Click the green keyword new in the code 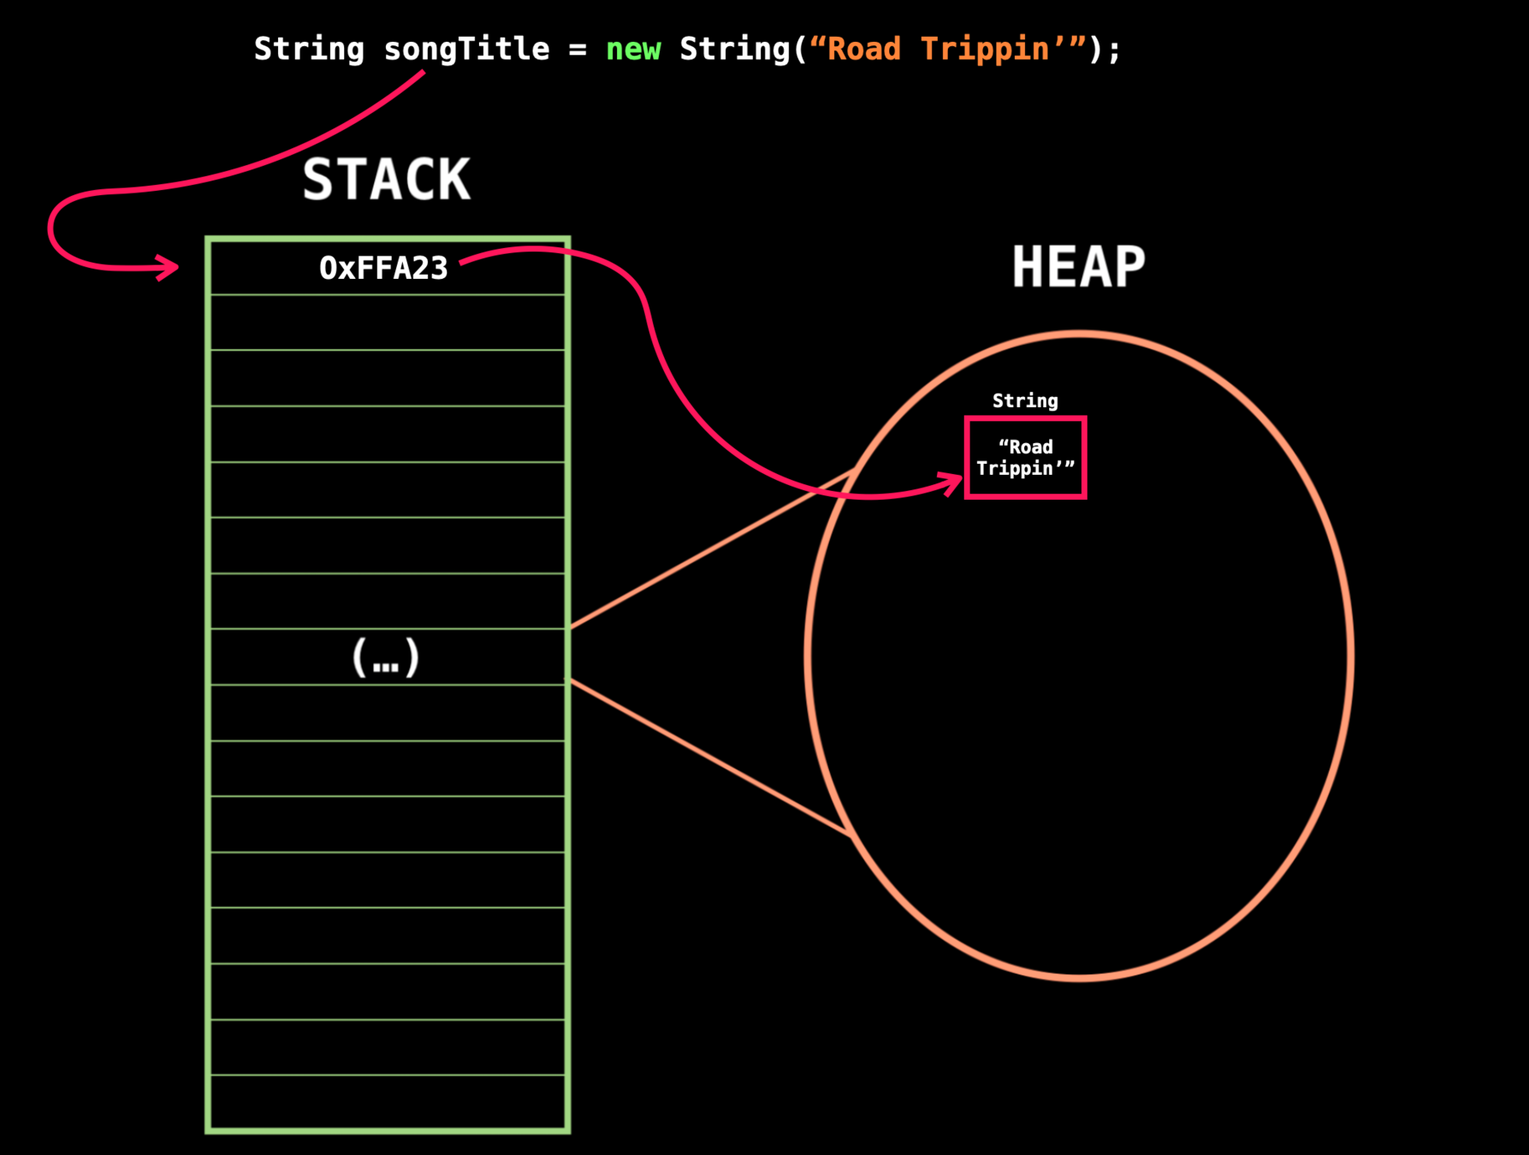coord(633,50)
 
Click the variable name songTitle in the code coord(466,50)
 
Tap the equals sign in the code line coord(578,50)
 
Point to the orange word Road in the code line coord(864,50)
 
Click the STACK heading coord(387,180)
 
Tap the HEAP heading coord(1078,267)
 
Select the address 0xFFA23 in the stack coord(383,269)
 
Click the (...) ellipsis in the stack coord(386,657)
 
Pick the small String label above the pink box coord(1025,400)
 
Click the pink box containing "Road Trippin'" coord(1025,458)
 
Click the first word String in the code coord(309,50)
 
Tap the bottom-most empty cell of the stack coord(387,1102)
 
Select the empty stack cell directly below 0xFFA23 coord(387,323)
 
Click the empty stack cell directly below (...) coord(387,713)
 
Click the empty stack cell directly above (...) coord(387,601)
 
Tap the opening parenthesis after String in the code coord(800,50)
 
